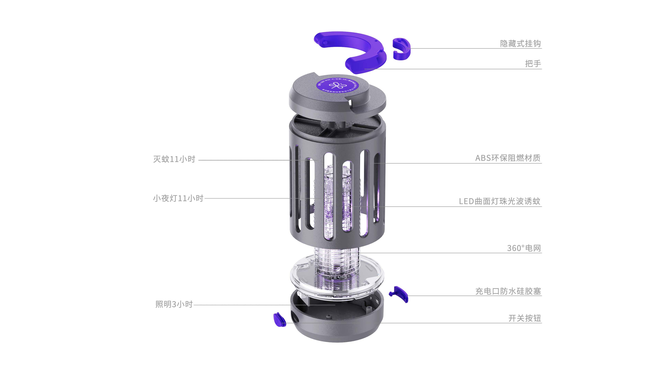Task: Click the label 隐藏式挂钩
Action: point(520,43)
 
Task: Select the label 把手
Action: point(533,64)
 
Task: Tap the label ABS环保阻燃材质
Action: point(508,158)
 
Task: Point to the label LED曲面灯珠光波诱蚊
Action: point(500,201)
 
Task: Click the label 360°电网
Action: point(524,248)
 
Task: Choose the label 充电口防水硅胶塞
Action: point(508,291)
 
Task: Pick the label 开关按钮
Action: point(524,318)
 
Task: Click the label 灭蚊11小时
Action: point(174,159)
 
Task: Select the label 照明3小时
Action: point(174,304)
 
